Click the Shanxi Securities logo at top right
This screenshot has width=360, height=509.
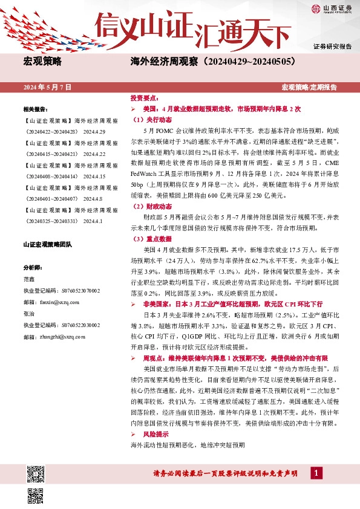pos(332,8)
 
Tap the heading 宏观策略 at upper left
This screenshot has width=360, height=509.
pos(42,62)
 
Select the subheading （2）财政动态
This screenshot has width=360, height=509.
pos(149,223)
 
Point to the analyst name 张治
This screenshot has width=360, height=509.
pos(29,315)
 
